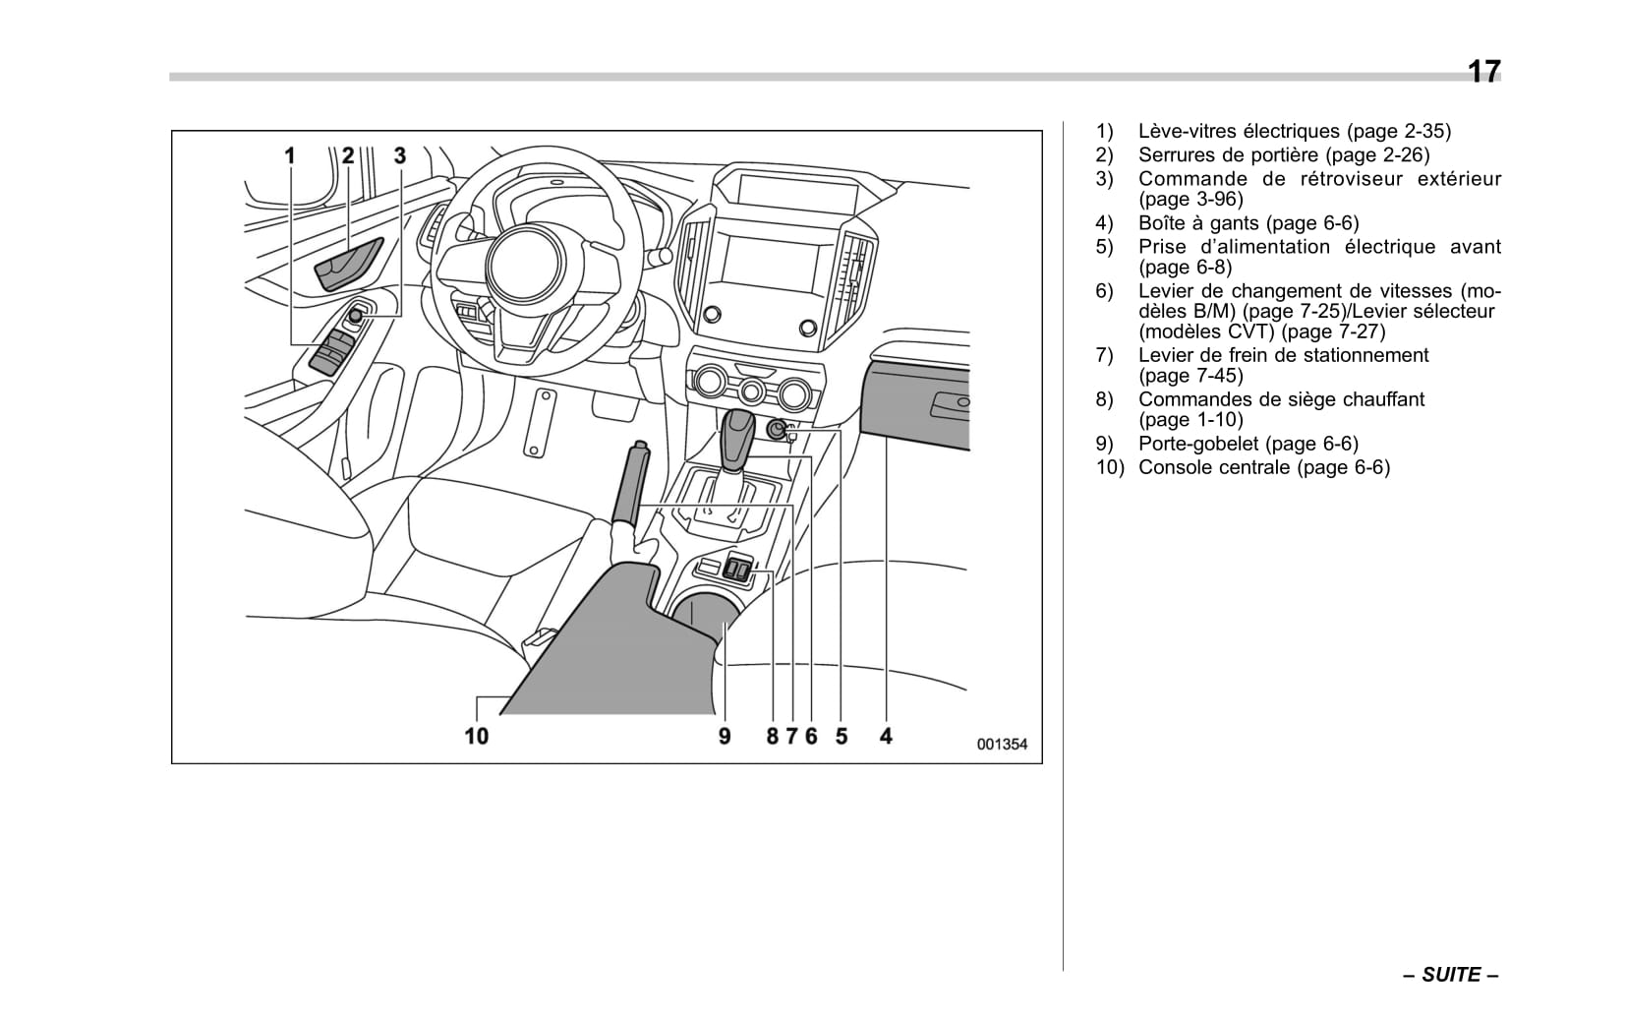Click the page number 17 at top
[x=1483, y=72]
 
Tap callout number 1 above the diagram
[x=290, y=155]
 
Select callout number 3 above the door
[x=399, y=155]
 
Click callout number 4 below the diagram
[x=886, y=736]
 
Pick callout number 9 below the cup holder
[x=725, y=736]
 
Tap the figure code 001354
[x=1001, y=745]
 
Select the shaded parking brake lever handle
[x=629, y=484]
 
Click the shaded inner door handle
[x=348, y=263]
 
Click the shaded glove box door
[x=914, y=403]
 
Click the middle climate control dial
[x=752, y=391]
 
